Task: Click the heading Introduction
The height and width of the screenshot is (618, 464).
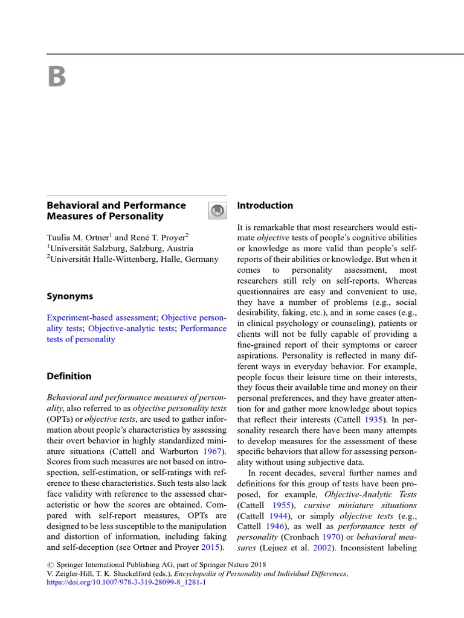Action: click(x=265, y=205)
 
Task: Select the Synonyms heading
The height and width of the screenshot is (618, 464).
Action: click(x=70, y=296)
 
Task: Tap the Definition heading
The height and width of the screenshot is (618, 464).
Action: click(x=69, y=376)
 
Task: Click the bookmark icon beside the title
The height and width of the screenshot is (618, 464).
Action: click(x=217, y=211)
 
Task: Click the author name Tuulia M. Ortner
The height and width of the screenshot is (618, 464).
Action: click(x=77, y=237)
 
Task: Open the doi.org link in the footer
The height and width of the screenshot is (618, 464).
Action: click(x=126, y=583)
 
